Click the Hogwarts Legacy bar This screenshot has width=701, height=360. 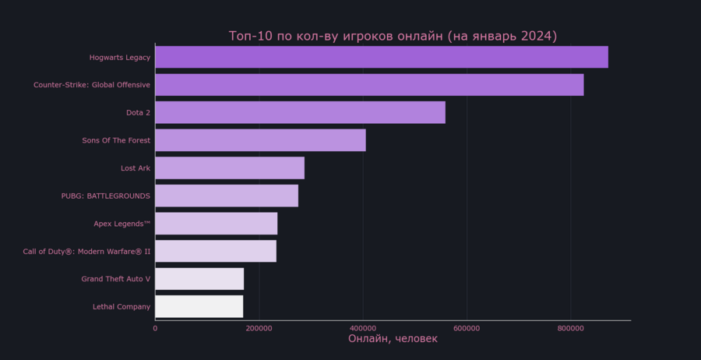click(x=382, y=57)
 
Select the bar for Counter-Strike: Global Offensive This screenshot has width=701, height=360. click(x=369, y=85)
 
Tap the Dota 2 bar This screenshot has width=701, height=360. click(x=300, y=112)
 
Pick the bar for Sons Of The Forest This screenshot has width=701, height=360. click(x=260, y=140)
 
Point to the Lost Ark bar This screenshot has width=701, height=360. click(x=230, y=168)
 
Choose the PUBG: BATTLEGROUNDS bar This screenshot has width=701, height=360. click(x=227, y=196)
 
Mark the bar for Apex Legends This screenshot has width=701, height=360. click(x=216, y=224)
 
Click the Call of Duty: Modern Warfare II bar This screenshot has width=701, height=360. click(x=216, y=251)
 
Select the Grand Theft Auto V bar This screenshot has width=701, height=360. click(x=199, y=279)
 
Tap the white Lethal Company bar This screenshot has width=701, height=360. click(x=199, y=306)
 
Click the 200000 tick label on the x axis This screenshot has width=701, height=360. click(x=259, y=329)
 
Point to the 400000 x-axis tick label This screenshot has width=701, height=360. click(x=363, y=329)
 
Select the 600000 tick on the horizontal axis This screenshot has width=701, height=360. click(x=467, y=329)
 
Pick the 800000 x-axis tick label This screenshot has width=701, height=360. click(x=570, y=329)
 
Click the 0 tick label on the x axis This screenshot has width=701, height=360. click(x=155, y=329)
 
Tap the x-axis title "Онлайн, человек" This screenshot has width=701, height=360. click(x=393, y=339)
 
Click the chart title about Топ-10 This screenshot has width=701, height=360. click(x=393, y=37)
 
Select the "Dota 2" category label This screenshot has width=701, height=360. click(x=138, y=113)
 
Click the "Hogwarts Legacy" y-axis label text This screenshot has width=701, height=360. click(x=120, y=58)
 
